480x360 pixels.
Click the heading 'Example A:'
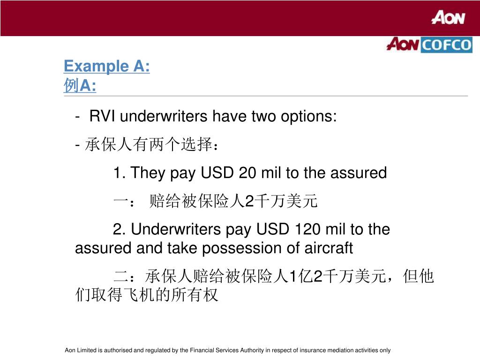point(106,67)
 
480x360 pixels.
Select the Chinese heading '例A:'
point(80,86)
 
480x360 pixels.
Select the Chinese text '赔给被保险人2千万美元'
point(233,202)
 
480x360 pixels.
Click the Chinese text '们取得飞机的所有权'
point(147,295)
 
